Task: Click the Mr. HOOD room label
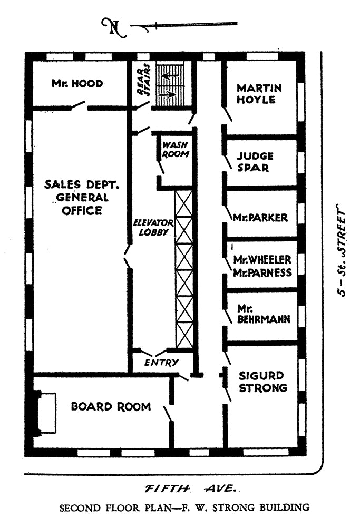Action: coord(77,83)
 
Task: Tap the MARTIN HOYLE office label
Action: coord(259,94)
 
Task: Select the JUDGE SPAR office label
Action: coord(255,162)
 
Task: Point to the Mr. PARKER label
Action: coord(260,218)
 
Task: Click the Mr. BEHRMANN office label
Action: coord(264,314)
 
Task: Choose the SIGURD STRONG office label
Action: coord(263,382)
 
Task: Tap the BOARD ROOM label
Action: coord(111,407)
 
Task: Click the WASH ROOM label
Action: coord(175,150)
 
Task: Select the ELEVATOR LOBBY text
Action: coord(153,228)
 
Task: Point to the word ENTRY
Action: coord(161,363)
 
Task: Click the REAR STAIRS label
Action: coord(144,80)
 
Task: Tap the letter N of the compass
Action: coord(114,27)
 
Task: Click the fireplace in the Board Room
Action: coord(44,413)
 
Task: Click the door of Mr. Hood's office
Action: coord(80,105)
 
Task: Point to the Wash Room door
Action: coord(161,167)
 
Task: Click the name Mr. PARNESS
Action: coord(262,272)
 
